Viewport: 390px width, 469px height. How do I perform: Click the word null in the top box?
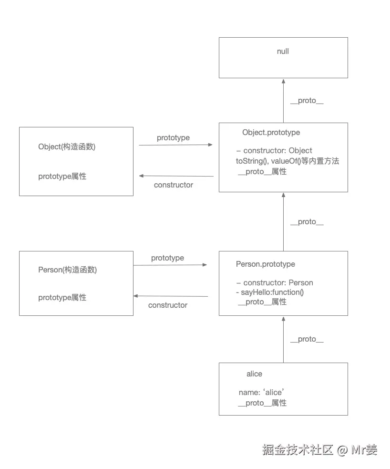pyautogui.click(x=283, y=52)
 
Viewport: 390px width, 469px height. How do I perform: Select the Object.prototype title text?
pyautogui.click(x=271, y=133)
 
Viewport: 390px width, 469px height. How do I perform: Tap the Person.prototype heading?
pyautogui.click(x=265, y=264)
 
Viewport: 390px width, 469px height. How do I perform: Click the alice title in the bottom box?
pyautogui.click(x=254, y=374)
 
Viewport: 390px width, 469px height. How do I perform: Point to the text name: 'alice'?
pyautogui.click(x=262, y=393)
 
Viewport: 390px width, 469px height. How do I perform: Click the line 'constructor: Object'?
pyautogui.click(x=274, y=151)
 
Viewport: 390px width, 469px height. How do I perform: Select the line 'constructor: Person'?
pyautogui.click(x=275, y=282)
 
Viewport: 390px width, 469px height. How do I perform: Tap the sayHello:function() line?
pyautogui.click(x=270, y=292)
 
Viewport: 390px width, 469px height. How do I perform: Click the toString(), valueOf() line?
pyautogui.click(x=287, y=161)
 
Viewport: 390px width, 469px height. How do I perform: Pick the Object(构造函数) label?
pyautogui.click(x=67, y=147)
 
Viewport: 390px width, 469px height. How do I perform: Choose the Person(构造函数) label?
pyautogui.click(x=67, y=270)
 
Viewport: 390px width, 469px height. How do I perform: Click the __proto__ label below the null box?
pyautogui.click(x=307, y=101)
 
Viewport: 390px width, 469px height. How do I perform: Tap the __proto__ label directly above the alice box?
pyautogui.click(x=307, y=339)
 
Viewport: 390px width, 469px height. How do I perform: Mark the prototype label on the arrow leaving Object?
pyautogui.click(x=173, y=138)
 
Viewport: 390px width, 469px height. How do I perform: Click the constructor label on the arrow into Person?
pyautogui.click(x=167, y=305)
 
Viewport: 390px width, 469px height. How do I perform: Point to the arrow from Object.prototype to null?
pyautogui.click(x=283, y=101)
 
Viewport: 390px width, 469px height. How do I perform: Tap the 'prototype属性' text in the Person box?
pyautogui.click(x=62, y=298)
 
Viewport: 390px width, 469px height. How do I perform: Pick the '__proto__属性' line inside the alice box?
pyautogui.click(x=262, y=403)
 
